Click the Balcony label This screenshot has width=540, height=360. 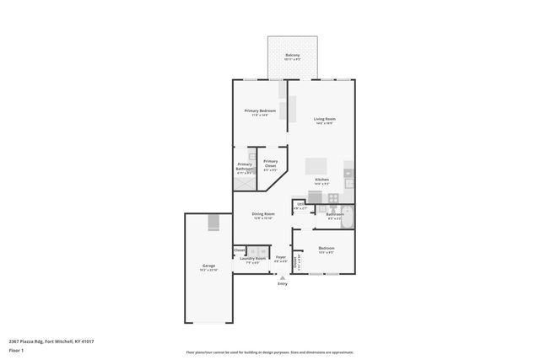pos(292,56)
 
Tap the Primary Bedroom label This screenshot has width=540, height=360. pos(260,111)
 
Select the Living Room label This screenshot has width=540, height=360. pos(325,119)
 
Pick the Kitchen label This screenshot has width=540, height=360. pos(321,180)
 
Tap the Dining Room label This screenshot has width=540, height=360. pos(263,214)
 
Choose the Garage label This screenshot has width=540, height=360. pos(208,266)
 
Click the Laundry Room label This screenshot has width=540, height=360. pos(252,259)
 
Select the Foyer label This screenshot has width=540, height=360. pos(280,257)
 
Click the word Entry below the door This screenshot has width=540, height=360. pos(282,283)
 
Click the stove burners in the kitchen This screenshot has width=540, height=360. pos(333,198)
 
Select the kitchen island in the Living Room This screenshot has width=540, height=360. pos(316,165)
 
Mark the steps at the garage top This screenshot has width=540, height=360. pos(213,223)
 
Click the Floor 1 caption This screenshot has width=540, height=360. pos(16,349)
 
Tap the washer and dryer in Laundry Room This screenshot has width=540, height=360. pos(257,251)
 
